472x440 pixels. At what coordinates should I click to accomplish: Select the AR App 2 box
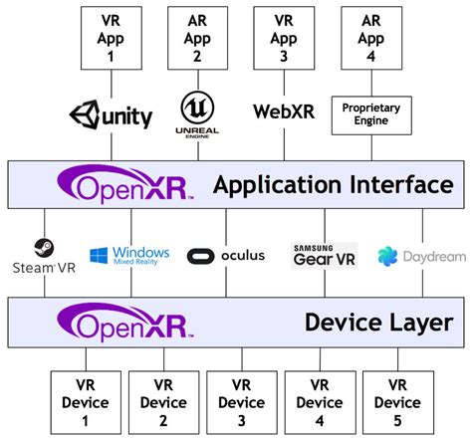pos(197,35)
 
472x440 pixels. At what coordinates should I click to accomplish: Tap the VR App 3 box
pos(284,35)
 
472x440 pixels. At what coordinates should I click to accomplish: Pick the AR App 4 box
pos(371,35)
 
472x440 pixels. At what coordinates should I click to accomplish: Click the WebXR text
pos(284,111)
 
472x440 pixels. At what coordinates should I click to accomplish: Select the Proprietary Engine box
pos(371,112)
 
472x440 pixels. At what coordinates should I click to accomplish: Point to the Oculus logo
pos(228,255)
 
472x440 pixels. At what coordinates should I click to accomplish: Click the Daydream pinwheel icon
pos(387,257)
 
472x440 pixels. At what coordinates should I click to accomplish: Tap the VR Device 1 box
pos(86,403)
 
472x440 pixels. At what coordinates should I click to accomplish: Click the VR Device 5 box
pos(397,403)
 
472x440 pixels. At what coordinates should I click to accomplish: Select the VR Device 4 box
pos(319,403)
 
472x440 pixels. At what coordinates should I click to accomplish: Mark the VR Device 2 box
pos(162,403)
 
